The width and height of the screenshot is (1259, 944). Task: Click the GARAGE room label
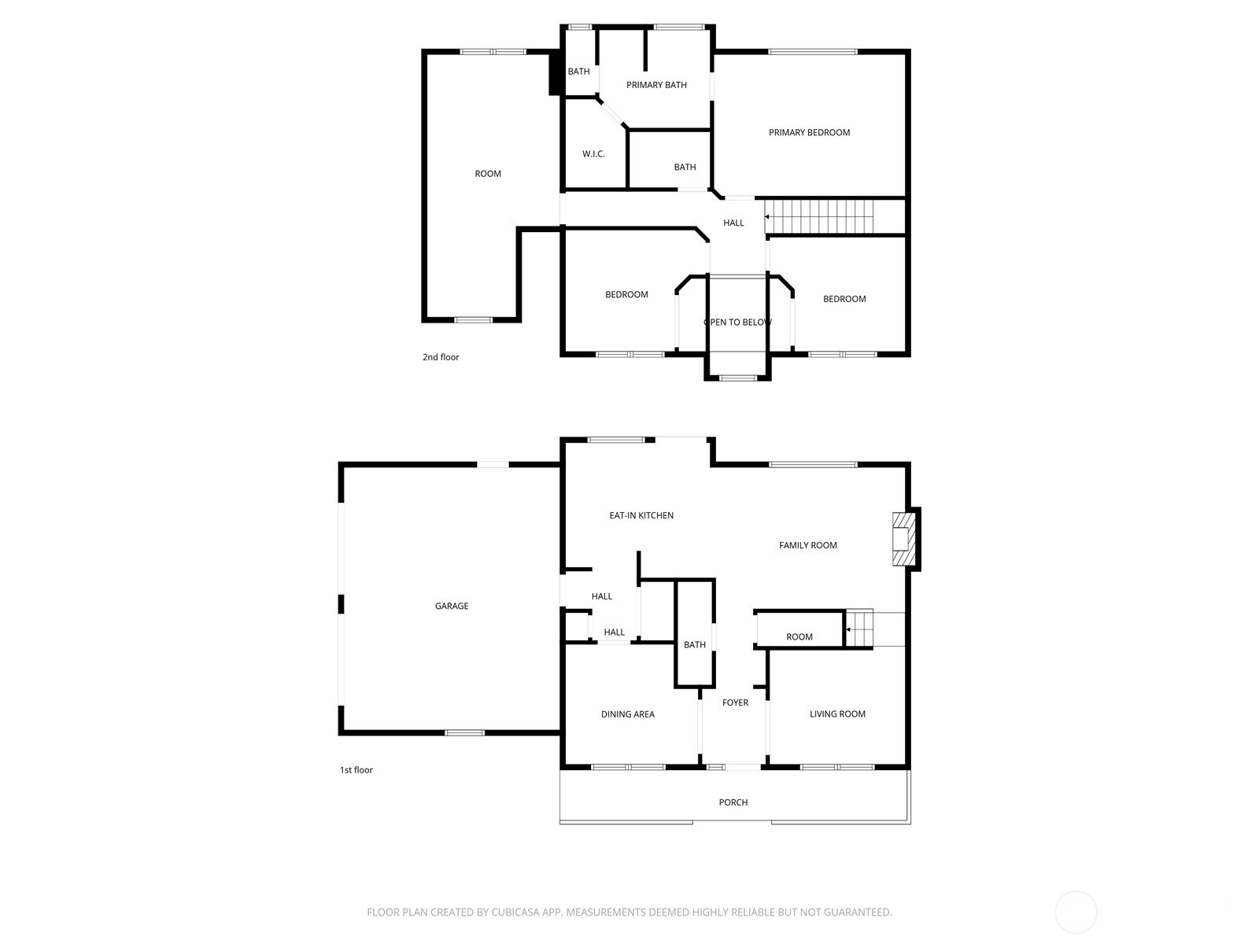pos(452,606)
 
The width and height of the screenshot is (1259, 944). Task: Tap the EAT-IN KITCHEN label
pos(641,515)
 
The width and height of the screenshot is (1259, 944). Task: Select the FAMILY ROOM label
pos(807,545)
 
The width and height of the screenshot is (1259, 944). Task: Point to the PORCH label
pos(733,802)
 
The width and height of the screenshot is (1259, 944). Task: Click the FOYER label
pos(735,702)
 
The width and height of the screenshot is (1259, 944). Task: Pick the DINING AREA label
pos(627,714)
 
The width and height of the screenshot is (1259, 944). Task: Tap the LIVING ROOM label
pos(837,714)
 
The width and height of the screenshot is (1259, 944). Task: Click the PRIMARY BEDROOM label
pos(809,132)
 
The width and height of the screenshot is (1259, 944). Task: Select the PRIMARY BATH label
pos(656,85)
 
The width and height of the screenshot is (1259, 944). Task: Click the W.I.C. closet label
pos(593,153)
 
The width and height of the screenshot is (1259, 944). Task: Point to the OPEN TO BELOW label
pos(737,323)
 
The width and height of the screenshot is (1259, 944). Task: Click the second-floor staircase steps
pos(822,216)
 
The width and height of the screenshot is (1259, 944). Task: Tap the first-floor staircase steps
pos(859,629)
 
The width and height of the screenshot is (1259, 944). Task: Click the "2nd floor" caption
pos(441,357)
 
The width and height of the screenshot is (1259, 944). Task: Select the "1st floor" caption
pos(356,770)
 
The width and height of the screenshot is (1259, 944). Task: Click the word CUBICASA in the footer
pos(520,913)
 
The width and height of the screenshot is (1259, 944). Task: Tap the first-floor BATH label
pos(694,645)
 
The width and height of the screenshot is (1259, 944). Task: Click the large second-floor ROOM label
pos(488,174)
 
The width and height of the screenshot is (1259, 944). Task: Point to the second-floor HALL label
pos(733,223)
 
